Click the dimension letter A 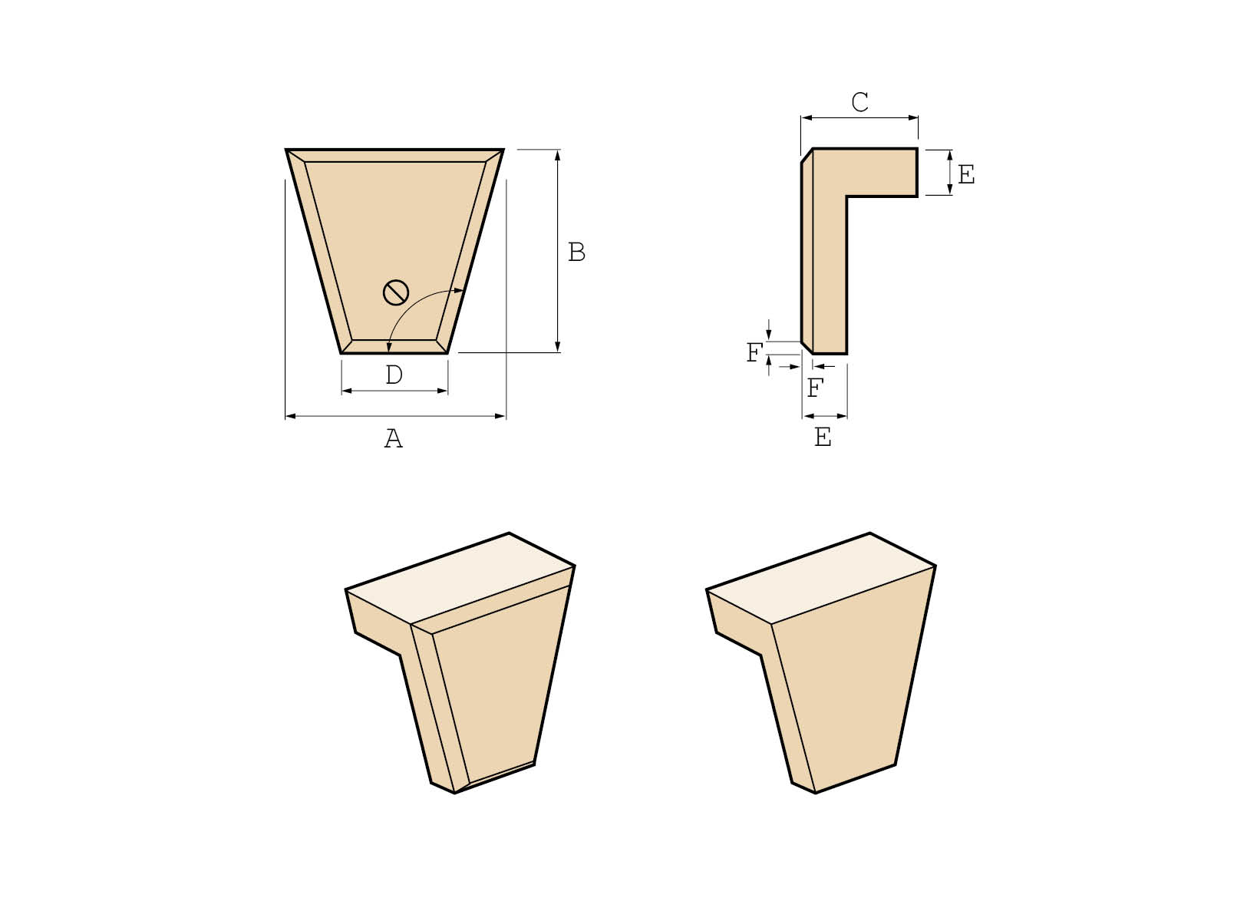point(393,439)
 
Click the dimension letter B point(576,252)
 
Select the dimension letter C point(859,102)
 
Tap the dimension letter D point(394,375)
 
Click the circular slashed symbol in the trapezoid point(396,292)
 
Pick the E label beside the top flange point(966,175)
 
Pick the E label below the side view point(823,437)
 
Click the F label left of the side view point(755,353)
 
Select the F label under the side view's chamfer point(815,388)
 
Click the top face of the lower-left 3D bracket point(460,576)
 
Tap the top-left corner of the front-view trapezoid point(287,150)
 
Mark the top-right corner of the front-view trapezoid point(503,150)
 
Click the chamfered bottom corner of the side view point(807,348)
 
